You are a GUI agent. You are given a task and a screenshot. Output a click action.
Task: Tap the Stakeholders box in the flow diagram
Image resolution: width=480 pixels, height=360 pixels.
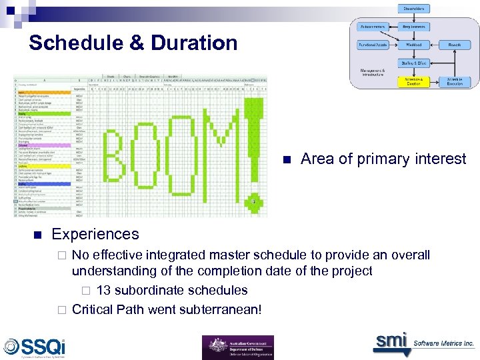(x=415, y=8)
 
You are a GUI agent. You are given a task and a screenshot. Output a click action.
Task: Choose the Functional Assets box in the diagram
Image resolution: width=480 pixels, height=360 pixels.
(x=373, y=45)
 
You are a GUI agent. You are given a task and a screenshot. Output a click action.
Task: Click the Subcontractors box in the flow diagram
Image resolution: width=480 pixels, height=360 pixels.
(x=373, y=27)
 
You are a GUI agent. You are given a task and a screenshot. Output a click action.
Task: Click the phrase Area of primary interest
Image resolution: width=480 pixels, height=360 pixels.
(x=383, y=159)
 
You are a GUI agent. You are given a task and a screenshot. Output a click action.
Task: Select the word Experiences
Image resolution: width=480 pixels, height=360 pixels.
(x=95, y=234)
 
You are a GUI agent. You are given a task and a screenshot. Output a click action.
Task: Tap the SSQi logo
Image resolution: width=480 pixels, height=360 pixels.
(x=35, y=346)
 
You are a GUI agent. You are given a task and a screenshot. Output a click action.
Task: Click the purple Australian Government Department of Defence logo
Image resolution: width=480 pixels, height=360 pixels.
(x=238, y=347)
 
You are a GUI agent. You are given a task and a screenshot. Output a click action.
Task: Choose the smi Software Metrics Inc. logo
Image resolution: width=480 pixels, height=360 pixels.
(x=423, y=343)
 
